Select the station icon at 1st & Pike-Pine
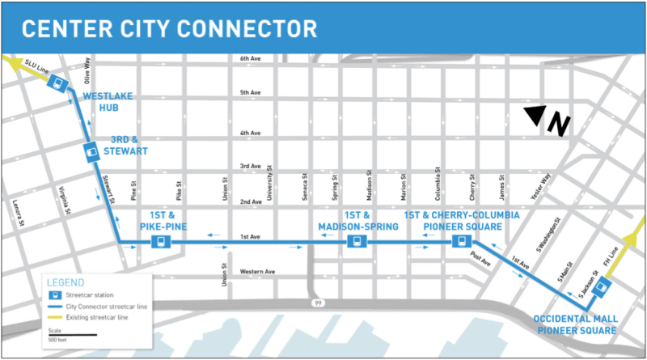[x=163, y=242]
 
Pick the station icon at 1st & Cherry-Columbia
[x=460, y=242]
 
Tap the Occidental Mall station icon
[x=599, y=288]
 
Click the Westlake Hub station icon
[x=57, y=83]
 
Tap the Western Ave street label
[x=259, y=271]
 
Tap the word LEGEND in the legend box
[x=66, y=282]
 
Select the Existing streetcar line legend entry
[x=97, y=318]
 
